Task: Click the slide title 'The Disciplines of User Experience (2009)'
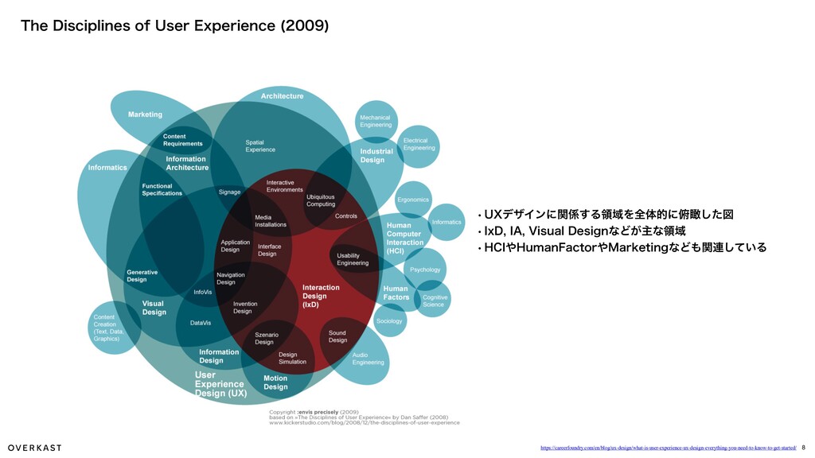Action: pyautogui.click(x=174, y=25)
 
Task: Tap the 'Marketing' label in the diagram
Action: pyautogui.click(x=145, y=114)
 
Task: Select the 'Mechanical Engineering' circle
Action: pyautogui.click(x=376, y=122)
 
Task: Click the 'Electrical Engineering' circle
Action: pyautogui.click(x=419, y=146)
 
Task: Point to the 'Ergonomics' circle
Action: pyautogui.click(x=413, y=200)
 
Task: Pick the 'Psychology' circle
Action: pyautogui.click(x=425, y=270)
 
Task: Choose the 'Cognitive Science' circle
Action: pyautogui.click(x=435, y=301)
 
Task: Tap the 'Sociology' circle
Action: pyautogui.click(x=389, y=321)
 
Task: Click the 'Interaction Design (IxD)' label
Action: pyautogui.click(x=321, y=296)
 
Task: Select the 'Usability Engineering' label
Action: pyautogui.click(x=353, y=258)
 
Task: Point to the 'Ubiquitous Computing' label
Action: pyautogui.click(x=321, y=200)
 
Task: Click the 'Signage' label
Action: pyautogui.click(x=229, y=192)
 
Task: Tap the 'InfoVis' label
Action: pyautogui.click(x=203, y=292)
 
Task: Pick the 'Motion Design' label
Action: pyautogui.click(x=275, y=382)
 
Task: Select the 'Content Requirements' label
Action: pyautogui.click(x=182, y=140)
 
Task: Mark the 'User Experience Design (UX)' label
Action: pyautogui.click(x=220, y=384)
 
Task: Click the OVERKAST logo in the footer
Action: pyautogui.click(x=35, y=448)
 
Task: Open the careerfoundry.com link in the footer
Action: pyautogui.click(x=668, y=448)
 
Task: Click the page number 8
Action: pyautogui.click(x=804, y=448)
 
